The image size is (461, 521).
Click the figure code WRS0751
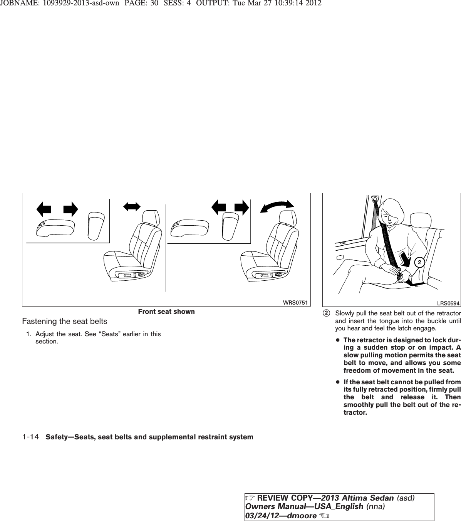tap(298, 303)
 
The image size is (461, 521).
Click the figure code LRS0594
tap(449, 303)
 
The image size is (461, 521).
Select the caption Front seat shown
tap(166, 312)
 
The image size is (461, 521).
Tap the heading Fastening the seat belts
tap(65, 321)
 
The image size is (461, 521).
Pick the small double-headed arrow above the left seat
tap(131, 206)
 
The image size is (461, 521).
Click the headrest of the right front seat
tap(288, 218)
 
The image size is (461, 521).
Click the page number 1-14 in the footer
tap(30, 437)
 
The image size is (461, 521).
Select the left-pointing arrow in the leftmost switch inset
tap(44, 209)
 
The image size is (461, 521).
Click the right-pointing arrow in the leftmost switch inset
tap(70, 209)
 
